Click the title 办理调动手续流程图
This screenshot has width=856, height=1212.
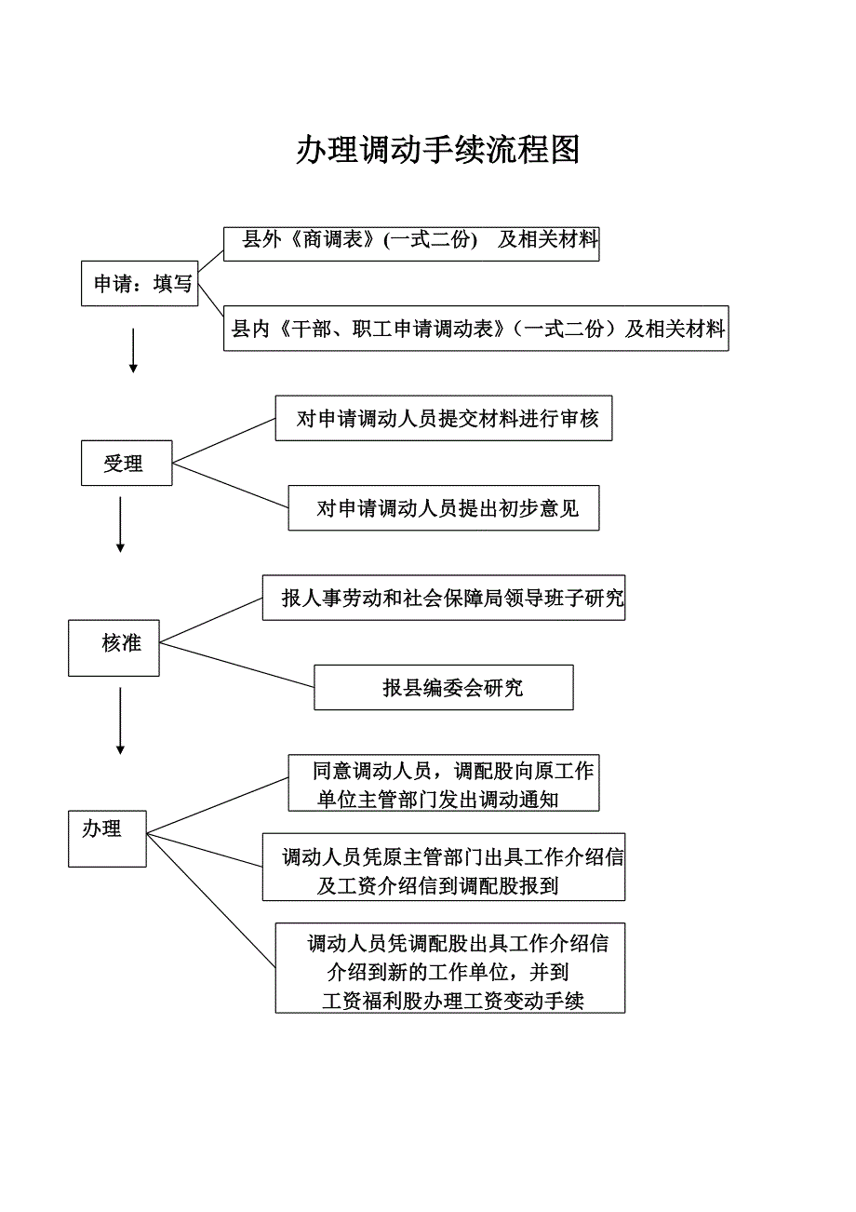[437, 149]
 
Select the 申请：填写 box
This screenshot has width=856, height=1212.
[140, 283]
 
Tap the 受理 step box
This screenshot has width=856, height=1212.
[126, 463]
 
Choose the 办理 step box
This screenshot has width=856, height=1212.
[107, 839]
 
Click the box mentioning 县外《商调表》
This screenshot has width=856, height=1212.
[411, 243]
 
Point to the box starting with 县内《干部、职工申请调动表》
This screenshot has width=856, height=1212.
[475, 328]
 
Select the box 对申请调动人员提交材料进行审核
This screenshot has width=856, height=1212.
[444, 418]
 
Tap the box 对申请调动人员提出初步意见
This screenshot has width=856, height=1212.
[444, 507]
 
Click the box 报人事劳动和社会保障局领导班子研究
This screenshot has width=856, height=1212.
[444, 598]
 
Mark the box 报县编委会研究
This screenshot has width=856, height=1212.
[444, 687]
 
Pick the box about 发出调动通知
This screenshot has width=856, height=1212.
[444, 783]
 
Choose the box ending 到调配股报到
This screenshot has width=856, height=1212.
[444, 867]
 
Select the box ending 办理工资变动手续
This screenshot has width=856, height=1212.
[450, 968]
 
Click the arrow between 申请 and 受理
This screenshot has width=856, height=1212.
[133, 349]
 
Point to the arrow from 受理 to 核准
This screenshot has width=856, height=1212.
[120, 524]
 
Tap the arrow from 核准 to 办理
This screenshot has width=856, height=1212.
[120, 720]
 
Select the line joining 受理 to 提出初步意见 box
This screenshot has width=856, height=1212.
[231, 485]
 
